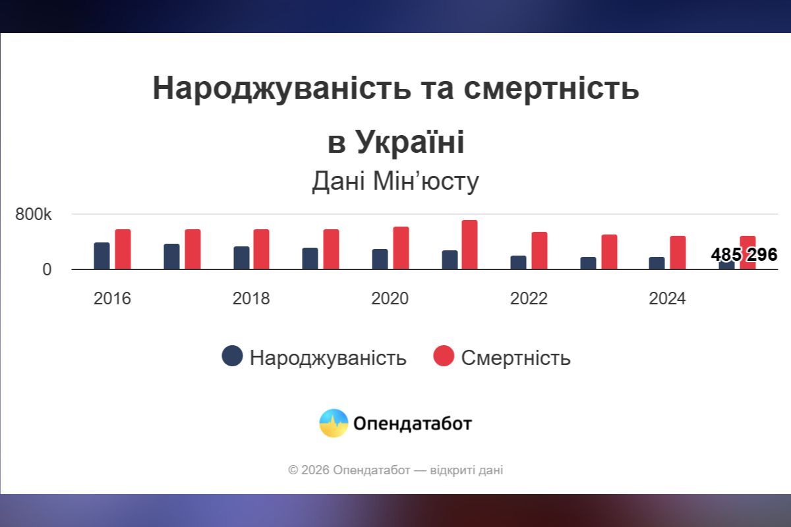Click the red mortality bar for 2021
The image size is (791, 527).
coord(469,245)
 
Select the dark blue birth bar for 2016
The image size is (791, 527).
coord(102,256)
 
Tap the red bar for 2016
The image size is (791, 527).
coord(123,250)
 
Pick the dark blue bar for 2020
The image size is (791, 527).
coord(380,260)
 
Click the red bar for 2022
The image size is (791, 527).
coord(539,251)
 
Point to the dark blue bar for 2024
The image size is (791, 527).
coord(657,263)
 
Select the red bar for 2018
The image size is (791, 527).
coord(261,250)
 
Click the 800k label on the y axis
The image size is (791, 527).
coord(34,215)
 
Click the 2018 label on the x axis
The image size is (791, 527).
coord(251,299)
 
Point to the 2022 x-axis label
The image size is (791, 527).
coord(529,299)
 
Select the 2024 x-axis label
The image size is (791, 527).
coord(667,299)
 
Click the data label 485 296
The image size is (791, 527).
coord(744,255)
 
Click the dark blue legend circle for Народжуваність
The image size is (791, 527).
coord(232,356)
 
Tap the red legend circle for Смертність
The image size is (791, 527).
coord(444,356)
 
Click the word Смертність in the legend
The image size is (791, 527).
coord(515,358)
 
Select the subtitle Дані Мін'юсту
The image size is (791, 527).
coord(395,182)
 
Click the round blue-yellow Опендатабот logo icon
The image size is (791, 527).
coord(334,423)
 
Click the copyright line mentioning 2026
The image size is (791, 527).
coord(395,470)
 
